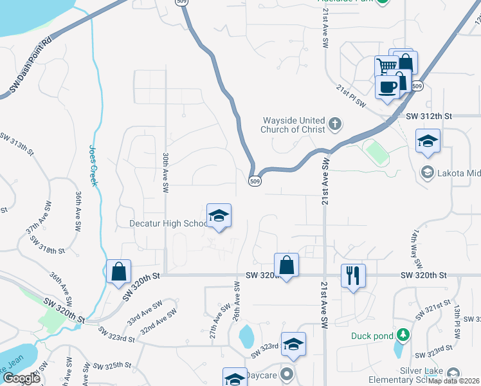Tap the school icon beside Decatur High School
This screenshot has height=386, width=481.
(x=219, y=216)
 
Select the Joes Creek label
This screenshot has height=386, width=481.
(x=93, y=165)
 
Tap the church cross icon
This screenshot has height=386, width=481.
(x=334, y=124)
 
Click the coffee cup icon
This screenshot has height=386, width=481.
(x=387, y=87)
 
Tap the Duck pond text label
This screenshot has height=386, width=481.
(x=371, y=335)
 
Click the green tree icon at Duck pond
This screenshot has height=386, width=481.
(x=403, y=335)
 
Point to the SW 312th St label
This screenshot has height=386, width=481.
(x=430, y=116)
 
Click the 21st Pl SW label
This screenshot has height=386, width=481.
(x=351, y=96)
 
